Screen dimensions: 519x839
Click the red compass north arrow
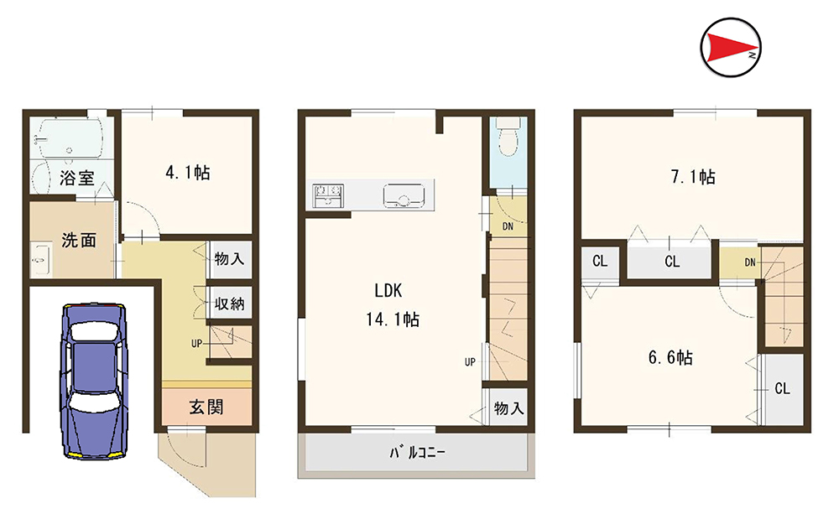(x=728, y=49)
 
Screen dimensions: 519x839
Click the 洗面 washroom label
(x=78, y=240)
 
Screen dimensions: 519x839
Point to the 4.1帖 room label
(x=187, y=174)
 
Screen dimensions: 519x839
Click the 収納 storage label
(x=228, y=304)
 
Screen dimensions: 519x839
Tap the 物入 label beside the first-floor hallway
(x=228, y=258)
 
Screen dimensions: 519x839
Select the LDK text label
(x=389, y=291)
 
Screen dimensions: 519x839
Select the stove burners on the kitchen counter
(x=326, y=195)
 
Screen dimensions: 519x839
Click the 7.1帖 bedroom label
(x=692, y=177)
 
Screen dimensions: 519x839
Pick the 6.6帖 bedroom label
(x=670, y=357)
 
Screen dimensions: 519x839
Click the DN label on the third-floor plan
(x=749, y=262)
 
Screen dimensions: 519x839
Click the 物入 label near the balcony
(x=508, y=408)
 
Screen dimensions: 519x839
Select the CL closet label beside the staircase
(x=782, y=388)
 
